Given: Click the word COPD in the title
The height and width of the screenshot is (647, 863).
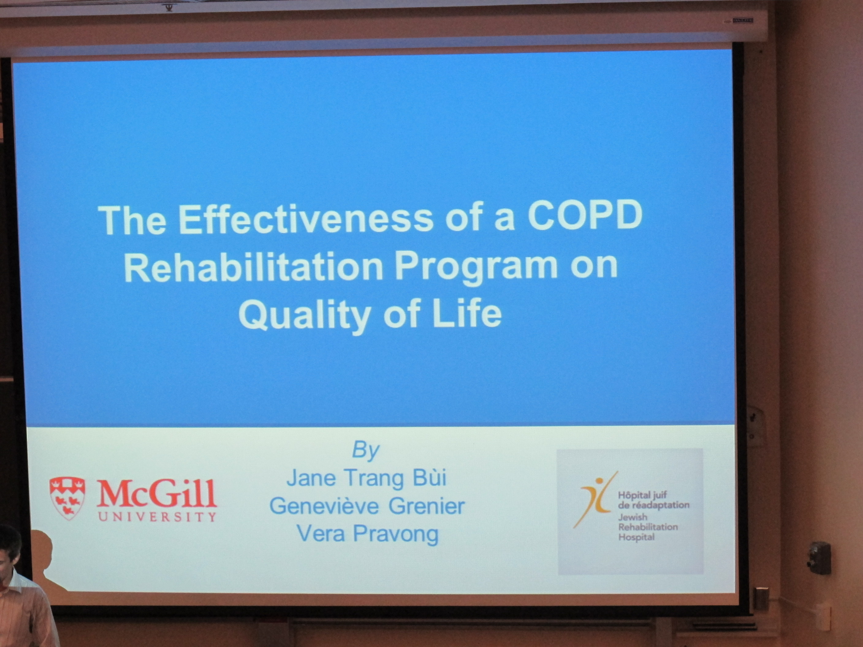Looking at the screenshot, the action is pos(585,217).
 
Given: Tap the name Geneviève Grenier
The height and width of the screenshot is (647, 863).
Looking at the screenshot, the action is pos(367,506).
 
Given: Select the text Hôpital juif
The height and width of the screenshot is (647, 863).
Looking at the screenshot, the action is pos(643,495).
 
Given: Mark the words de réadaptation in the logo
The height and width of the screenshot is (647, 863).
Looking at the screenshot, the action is pos(653,505).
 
